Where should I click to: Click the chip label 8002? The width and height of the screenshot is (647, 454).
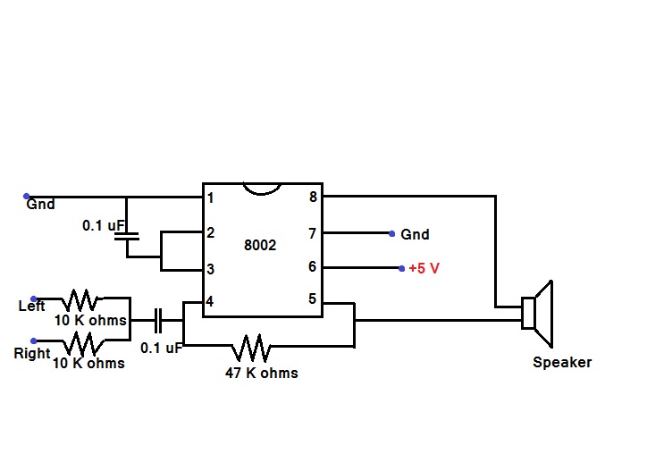click(x=259, y=245)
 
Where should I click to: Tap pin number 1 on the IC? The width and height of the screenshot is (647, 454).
click(x=210, y=198)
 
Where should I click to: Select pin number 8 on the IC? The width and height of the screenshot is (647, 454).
click(x=312, y=197)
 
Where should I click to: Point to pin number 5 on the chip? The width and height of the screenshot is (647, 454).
click(x=312, y=299)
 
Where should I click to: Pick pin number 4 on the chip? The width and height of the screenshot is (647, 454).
click(x=210, y=302)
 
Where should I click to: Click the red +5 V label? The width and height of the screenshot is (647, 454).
click(x=424, y=268)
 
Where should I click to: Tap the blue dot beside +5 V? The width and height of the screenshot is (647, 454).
click(x=401, y=267)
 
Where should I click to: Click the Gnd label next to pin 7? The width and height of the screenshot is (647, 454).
click(x=415, y=234)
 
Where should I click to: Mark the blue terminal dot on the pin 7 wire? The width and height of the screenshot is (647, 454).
click(x=392, y=233)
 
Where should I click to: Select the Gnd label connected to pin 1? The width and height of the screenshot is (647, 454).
click(x=40, y=205)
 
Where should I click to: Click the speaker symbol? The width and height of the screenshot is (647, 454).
click(x=538, y=314)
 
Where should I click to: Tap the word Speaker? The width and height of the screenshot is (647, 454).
click(x=562, y=362)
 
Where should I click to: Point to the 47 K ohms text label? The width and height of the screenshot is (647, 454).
click(x=261, y=372)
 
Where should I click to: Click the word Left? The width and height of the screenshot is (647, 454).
click(x=32, y=307)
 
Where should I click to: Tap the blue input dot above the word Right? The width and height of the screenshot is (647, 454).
click(x=34, y=340)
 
